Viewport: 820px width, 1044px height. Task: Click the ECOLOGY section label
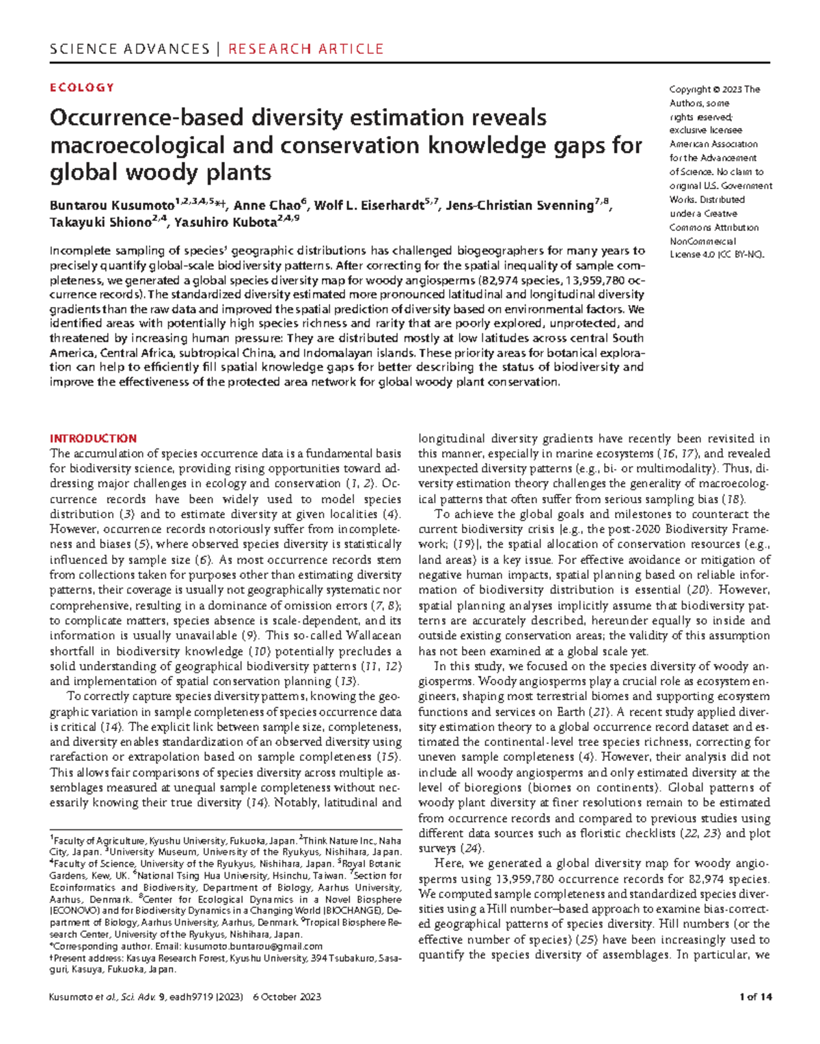point(81,88)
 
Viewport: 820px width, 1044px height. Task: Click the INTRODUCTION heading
point(93,438)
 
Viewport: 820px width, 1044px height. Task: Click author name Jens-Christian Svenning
point(519,205)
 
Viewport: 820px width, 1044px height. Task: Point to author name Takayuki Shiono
point(100,223)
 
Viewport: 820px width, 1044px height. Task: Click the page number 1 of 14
point(755,997)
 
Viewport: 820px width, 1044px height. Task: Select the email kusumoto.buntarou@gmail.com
point(252,946)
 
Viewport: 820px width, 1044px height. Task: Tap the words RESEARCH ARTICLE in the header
point(305,49)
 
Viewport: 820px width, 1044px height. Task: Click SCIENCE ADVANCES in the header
point(129,49)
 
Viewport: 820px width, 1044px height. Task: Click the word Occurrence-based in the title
point(146,118)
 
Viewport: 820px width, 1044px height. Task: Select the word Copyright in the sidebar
point(689,90)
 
